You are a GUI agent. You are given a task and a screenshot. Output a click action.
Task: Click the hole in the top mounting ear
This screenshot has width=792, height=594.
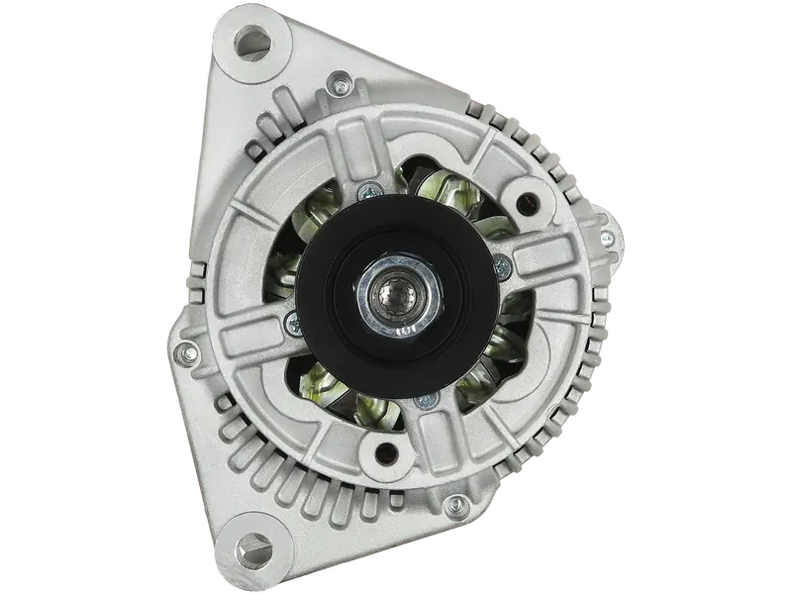pyautogui.click(x=249, y=47)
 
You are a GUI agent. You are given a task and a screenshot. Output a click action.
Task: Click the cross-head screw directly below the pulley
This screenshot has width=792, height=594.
pyautogui.click(x=427, y=400)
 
